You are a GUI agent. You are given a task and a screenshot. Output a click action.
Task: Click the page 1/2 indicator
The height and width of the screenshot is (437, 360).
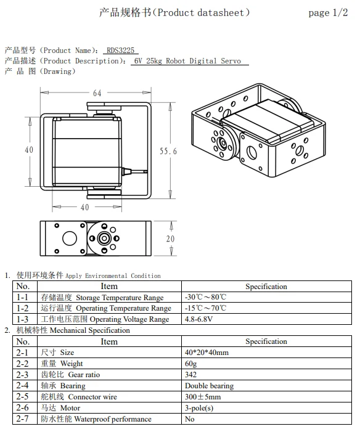tap(327, 13)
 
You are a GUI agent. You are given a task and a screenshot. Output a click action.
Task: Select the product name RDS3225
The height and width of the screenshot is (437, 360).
tap(121, 51)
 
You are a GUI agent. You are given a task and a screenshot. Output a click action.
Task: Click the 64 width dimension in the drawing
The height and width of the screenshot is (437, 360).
tap(97, 93)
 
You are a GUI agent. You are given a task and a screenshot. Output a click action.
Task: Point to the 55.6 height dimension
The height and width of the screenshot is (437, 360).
tap(168, 151)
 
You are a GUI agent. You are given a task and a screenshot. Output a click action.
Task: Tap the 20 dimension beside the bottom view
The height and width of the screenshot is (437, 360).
tap(170, 239)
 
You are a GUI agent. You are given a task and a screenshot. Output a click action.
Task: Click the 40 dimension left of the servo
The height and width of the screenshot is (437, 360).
tap(29, 150)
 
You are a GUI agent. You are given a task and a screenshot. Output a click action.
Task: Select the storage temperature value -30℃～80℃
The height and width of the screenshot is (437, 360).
tap(206, 297)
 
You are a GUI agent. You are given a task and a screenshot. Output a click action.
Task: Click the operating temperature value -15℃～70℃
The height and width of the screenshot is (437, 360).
tap(206, 308)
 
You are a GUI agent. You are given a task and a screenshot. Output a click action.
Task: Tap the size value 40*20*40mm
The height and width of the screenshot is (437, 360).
tap(207, 353)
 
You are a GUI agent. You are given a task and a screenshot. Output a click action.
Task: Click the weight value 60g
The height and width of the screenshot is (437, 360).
tap(190, 364)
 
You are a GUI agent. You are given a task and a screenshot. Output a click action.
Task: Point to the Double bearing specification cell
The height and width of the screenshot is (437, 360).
tap(209, 386)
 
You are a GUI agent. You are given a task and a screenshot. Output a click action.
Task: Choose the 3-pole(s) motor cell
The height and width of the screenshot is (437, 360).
tap(198, 408)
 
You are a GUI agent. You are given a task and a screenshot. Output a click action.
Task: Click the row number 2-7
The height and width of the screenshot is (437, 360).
tap(23, 419)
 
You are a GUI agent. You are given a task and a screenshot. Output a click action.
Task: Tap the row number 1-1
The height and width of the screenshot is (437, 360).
tap(23, 297)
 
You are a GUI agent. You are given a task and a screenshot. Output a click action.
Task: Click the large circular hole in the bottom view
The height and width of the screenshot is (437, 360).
tap(69, 238)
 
